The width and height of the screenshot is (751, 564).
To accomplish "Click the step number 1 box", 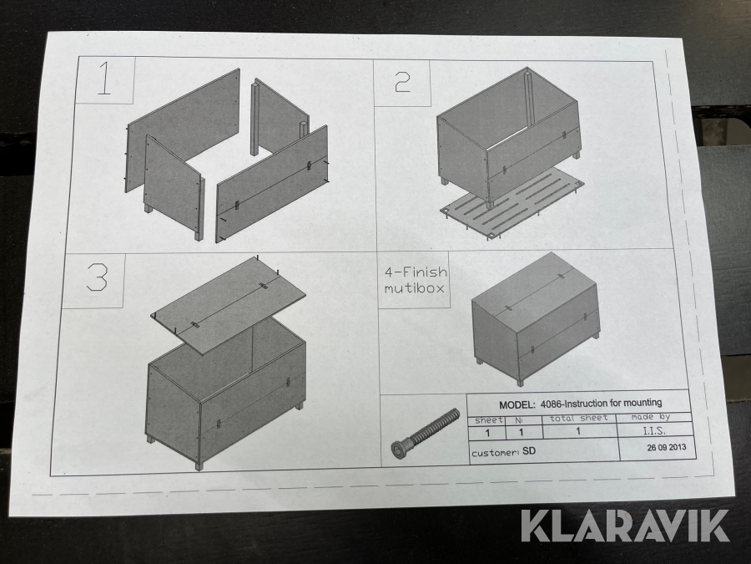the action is pos(106,79).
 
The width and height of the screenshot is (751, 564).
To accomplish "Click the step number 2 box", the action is pos(402,83).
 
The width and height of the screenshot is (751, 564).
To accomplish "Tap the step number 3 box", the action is pos(93,280).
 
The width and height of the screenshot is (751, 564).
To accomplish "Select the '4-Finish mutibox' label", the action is pos(415,280).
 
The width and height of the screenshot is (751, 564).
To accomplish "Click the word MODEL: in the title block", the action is pos(517,404).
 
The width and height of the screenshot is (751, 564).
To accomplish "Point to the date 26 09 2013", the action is pos(666,448).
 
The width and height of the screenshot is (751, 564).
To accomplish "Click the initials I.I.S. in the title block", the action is pos(653,430).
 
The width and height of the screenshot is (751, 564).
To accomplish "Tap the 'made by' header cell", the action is pos(650,417).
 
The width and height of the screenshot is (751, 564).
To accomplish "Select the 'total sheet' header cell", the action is pos(578,419).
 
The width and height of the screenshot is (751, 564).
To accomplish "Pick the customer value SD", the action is pos(528,451).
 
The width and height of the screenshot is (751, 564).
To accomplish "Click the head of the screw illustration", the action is pos(400,450).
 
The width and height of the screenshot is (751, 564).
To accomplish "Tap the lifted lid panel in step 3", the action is pos(229,305).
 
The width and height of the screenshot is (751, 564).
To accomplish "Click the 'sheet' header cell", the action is pos(488,420).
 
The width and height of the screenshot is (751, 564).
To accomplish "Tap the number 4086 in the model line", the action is pos(551,404).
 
